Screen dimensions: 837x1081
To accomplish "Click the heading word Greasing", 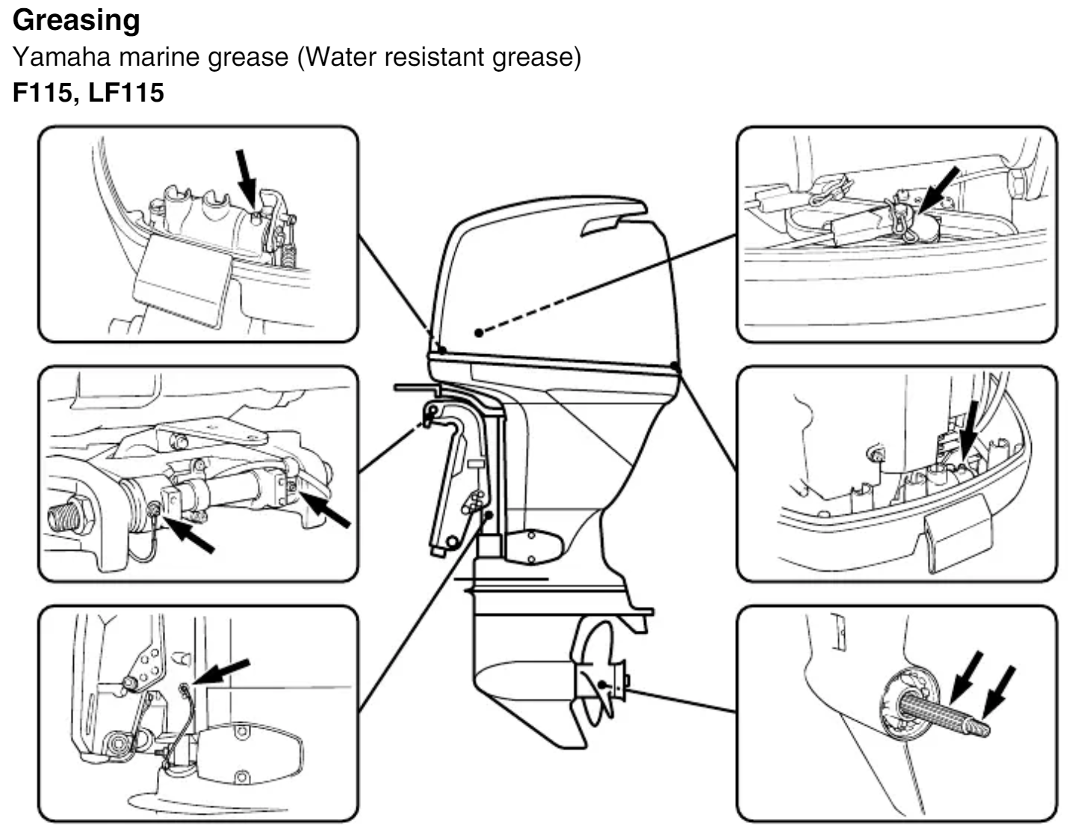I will (76, 20).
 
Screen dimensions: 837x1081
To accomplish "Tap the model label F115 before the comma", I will (43, 93).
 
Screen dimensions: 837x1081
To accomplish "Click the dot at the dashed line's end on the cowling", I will (479, 332).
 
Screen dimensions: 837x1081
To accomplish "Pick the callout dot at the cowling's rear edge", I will (675, 365).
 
